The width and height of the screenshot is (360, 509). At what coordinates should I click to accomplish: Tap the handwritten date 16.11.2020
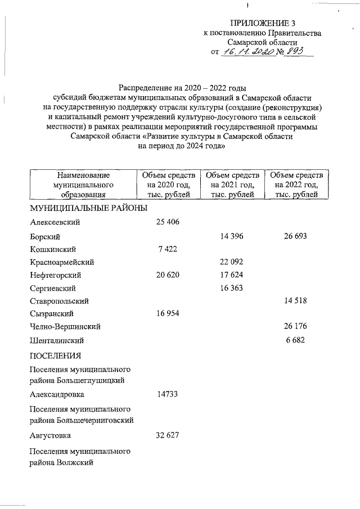[246, 51]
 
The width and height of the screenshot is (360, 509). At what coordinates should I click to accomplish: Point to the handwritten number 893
[294, 51]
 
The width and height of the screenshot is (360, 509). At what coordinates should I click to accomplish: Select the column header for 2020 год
[167, 184]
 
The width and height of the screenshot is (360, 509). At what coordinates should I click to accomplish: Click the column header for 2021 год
[231, 184]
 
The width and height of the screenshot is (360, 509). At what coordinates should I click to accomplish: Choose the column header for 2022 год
[296, 184]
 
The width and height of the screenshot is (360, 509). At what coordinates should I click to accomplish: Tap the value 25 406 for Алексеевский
[167, 222]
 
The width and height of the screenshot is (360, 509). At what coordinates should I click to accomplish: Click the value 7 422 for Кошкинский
[167, 249]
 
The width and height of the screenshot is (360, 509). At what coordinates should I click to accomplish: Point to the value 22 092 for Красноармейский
[231, 262]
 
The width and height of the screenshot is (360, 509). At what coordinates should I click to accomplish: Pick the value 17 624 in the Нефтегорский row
[231, 275]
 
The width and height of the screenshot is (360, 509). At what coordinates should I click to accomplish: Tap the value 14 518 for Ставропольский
[295, 301]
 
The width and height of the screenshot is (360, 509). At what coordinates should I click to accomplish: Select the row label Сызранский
[52, 314]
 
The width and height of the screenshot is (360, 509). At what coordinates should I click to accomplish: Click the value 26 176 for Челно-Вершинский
[295, 327]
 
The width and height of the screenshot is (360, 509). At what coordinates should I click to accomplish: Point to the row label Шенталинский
[57, 340]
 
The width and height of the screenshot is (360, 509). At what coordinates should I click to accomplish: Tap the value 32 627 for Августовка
[167, 435]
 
